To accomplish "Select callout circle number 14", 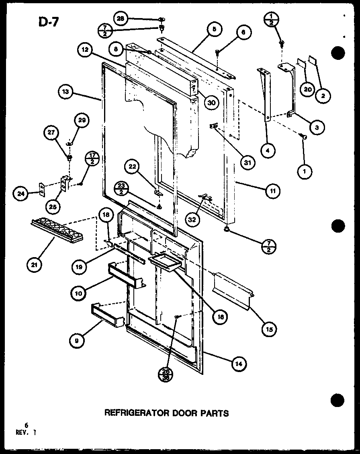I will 239,364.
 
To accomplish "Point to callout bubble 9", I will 76,342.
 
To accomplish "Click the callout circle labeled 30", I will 210,102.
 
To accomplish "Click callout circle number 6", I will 244,32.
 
